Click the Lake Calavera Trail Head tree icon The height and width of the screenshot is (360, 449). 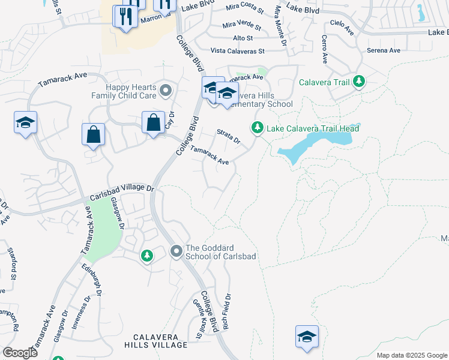(x=258, y=128)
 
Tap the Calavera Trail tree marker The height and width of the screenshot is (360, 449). (x=359, y=81)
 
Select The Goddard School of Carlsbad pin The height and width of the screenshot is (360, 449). (x=176, y=250)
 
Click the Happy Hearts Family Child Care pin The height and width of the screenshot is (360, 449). (x=166, y=92)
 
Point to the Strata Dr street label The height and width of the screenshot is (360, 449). (x=228, y=137)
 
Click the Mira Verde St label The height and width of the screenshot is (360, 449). (x=242, y=27)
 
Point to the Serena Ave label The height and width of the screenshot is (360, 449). (x=384, y=50)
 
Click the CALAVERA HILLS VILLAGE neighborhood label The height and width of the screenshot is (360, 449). (x=156, y=340)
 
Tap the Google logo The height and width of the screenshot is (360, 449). (x=19, y=353)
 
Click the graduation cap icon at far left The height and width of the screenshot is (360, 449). (x=25, y=123)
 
